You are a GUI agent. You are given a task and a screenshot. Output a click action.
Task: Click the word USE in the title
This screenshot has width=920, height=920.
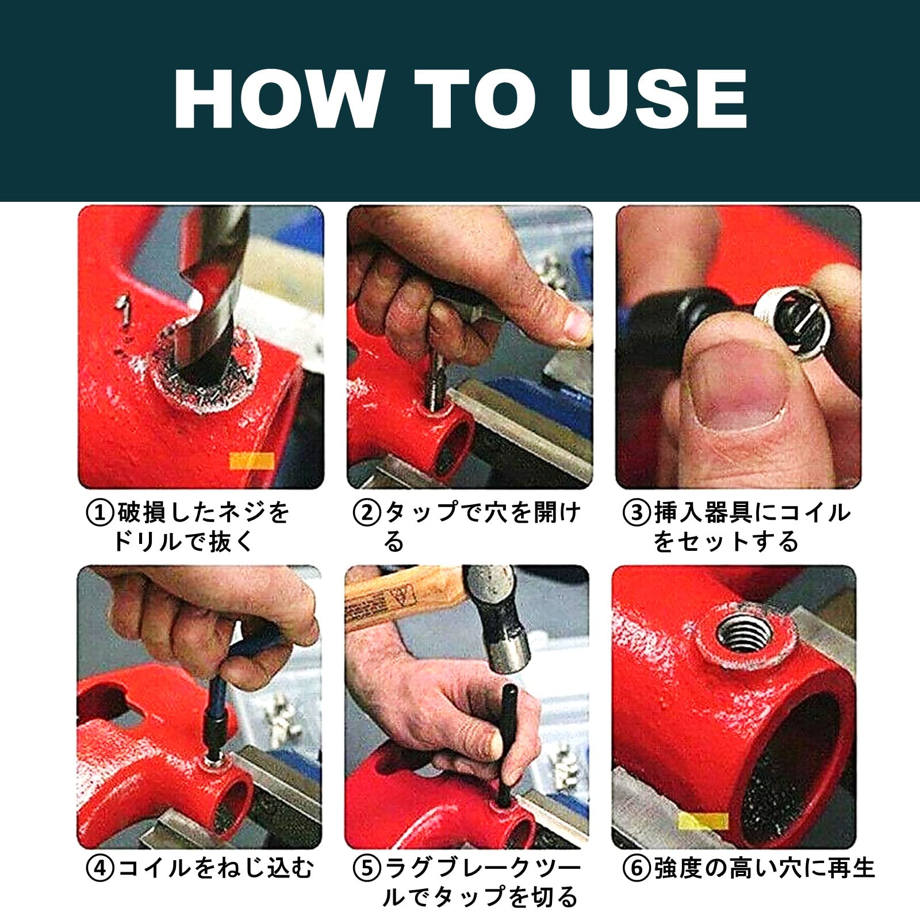[658, 98]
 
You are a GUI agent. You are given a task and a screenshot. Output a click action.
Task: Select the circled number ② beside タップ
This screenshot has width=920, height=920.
[367, 512]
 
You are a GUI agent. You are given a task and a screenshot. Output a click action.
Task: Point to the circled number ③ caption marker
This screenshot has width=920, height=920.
[637, 512]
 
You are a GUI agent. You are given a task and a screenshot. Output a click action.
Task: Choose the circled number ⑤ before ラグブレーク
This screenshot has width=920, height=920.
[367, 868]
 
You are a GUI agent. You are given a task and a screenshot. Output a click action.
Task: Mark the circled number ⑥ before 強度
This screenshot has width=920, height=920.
[637, 868]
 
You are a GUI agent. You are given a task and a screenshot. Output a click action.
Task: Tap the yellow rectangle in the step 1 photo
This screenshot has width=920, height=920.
[252, 461]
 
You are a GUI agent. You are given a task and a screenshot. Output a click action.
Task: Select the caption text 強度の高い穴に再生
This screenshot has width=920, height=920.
[764, 868]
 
